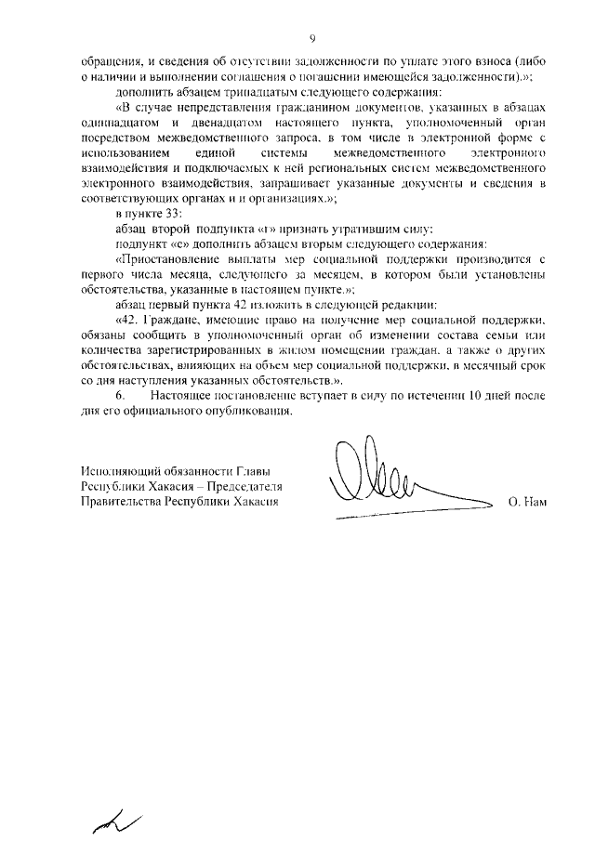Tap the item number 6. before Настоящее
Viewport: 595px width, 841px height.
pyautogui.click(x=119, y=395)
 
